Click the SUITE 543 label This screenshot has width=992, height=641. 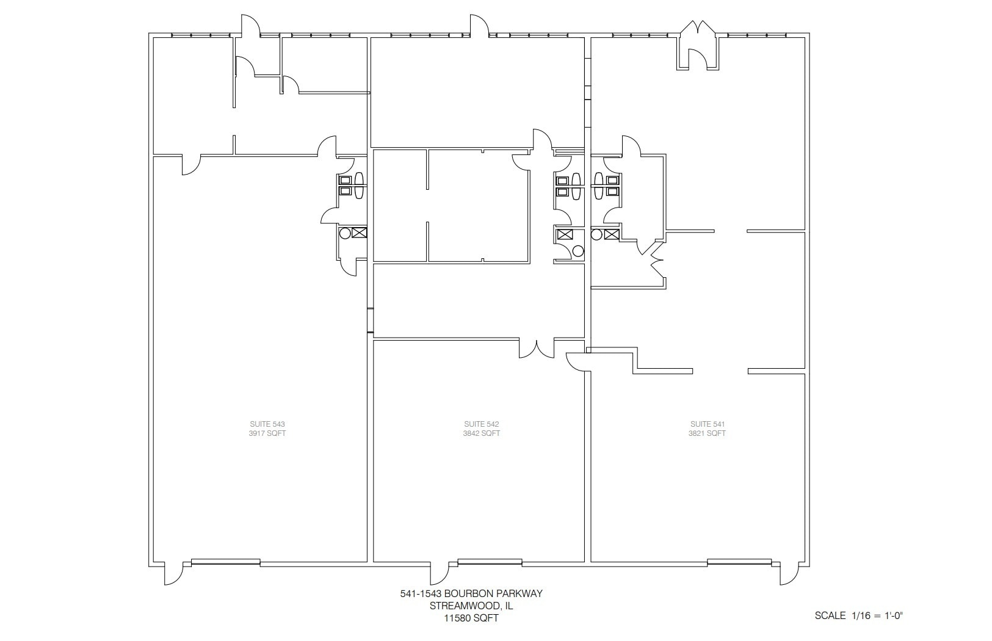pos(267,424)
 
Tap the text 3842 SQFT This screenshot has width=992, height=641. pos(482,433)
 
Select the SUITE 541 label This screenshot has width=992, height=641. pos(708,424)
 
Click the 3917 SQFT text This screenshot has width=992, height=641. pos(267,433)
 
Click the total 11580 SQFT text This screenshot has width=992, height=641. pos(471,618)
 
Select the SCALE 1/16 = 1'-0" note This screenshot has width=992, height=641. pos(858,615)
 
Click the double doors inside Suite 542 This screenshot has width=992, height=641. pos(537,349)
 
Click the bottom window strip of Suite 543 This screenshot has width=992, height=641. pos(226,561)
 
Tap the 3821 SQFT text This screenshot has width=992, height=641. pos(708,433)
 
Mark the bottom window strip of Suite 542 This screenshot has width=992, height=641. pos(490,561)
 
